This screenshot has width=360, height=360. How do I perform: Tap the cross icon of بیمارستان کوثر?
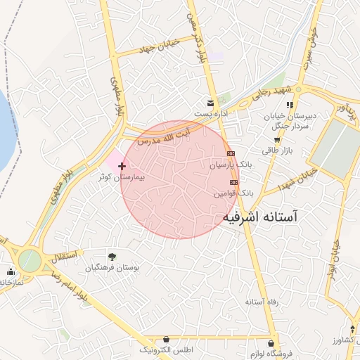pyautogui.click(x=122, y=167)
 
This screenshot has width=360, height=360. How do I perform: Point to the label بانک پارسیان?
pyautogui.click(x=230, y=165)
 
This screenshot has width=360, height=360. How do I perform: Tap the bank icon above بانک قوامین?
pyautogui.click(x=234, y=182)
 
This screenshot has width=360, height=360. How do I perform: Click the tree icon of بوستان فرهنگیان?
pyautogui.click(x=112, y=257)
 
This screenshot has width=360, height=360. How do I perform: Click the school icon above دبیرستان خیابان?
pyautogui.click(x=290, y=105)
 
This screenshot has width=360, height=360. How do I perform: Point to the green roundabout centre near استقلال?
pyautogui.click(x=30, y=260)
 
